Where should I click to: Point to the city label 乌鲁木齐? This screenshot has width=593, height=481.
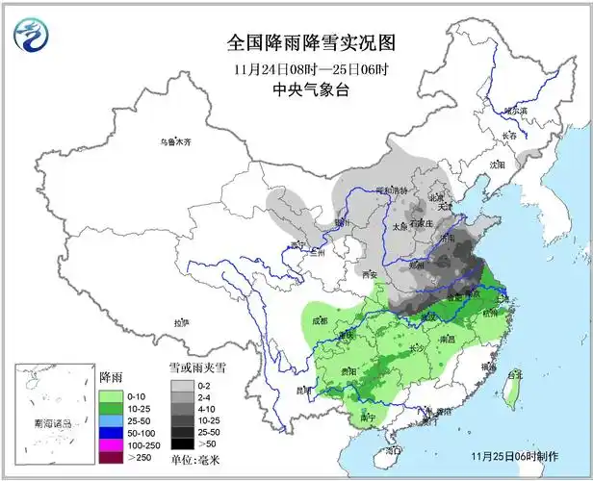(x=176, y=141)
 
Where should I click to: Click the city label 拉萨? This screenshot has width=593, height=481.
(x=181, y=322)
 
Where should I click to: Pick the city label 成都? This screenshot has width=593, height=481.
(x=321, y=319)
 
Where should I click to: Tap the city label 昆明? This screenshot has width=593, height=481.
(x=304, y=391)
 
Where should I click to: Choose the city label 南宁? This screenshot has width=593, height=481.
(x=366, y=418)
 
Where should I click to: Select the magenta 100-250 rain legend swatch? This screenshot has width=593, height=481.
(x=110, y=446)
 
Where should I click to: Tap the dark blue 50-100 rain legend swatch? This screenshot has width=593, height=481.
(x=110, y=433)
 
